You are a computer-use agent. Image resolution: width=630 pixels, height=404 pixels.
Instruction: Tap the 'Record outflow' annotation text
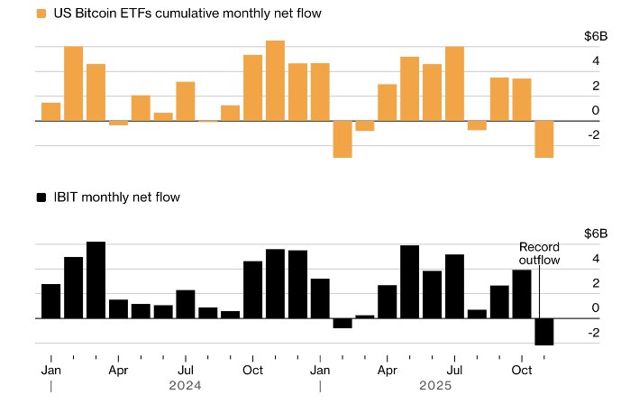point(539,253)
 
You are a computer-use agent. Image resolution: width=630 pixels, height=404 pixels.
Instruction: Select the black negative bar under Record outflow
point(544,331)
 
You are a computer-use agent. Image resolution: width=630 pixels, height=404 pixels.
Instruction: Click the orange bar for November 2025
point(544,139)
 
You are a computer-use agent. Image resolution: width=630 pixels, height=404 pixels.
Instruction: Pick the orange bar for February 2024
point(74,83)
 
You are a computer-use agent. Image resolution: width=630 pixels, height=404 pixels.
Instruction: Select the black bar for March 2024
point(96,280)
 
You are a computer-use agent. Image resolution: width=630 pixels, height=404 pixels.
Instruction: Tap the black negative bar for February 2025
point(342,323)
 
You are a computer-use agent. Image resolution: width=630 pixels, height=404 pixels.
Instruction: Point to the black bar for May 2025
point(410,281)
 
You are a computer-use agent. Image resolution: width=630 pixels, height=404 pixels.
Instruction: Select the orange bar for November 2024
point(276,80)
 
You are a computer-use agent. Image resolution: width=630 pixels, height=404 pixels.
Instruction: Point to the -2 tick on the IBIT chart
point(592,333)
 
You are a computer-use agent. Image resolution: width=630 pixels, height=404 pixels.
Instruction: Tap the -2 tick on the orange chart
point(592,135)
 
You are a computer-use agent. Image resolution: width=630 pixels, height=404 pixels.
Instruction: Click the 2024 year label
point(186,385)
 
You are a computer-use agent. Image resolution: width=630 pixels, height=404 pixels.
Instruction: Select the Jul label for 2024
point(186,370)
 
